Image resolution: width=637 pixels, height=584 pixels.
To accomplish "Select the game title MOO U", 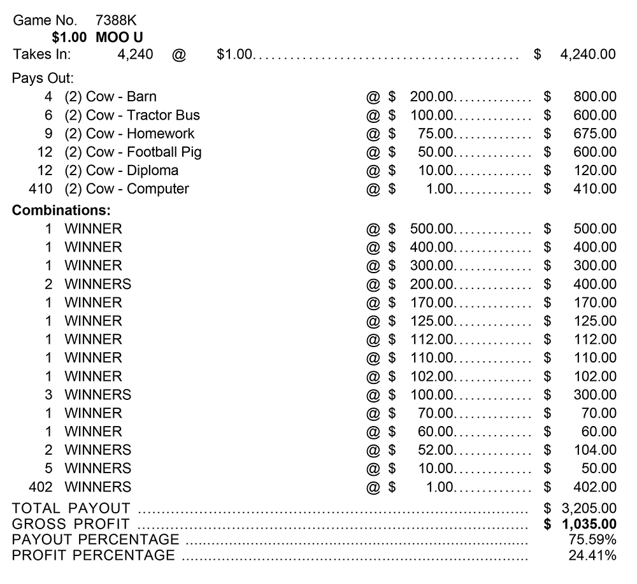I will coord(119,37).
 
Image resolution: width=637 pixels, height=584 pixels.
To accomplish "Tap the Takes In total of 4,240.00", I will coord(587,54).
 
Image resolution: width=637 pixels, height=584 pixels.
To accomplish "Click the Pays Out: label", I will coord(43,78).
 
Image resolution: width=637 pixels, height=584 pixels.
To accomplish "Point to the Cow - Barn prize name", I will coord(121,97).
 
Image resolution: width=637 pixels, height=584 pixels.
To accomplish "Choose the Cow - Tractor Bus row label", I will coord(143,115).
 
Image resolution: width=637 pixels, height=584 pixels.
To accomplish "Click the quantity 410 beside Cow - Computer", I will coord(41,189).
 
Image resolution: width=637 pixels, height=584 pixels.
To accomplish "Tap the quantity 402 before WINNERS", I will coord(41,487).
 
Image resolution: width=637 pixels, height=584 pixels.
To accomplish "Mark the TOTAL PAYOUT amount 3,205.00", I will coord(588,508).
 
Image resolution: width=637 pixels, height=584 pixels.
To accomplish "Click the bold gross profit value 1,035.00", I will coord(588,524).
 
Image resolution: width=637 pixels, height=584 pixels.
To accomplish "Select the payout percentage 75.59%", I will coord(592,540).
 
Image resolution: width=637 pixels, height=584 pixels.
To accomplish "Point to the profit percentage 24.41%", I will coord(592,555).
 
